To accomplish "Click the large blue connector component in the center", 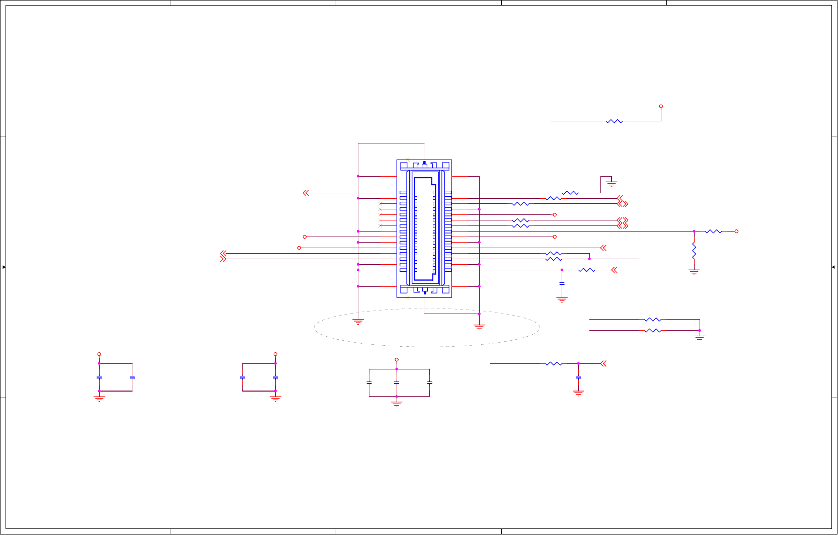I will (424, 229).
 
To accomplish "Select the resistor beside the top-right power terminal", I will (614, 121).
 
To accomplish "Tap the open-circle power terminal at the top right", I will (661, 106).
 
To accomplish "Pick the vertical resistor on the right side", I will (694, 250).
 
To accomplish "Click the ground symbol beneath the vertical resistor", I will (694, 272).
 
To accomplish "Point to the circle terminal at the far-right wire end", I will (736, 232).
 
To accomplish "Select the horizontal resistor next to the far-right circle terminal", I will (713, 232).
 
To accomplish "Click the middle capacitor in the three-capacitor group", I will (397, 383).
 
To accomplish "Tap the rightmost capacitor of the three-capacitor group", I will (430, 383).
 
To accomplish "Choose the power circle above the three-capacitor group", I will (397, 360).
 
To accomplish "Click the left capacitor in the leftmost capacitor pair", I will (99, 377).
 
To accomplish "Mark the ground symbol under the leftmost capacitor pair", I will (99, 399).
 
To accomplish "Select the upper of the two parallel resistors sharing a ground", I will (653, 320).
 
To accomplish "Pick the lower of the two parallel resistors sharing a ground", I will (653, 331).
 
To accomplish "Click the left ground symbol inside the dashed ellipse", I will (358, 322).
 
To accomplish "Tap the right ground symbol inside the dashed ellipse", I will (479, 327).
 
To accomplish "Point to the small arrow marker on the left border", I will (3, 267).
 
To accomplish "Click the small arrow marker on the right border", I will (834, 267).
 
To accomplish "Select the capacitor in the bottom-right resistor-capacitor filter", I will (578, 377).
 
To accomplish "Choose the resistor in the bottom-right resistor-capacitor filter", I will (553, 363).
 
